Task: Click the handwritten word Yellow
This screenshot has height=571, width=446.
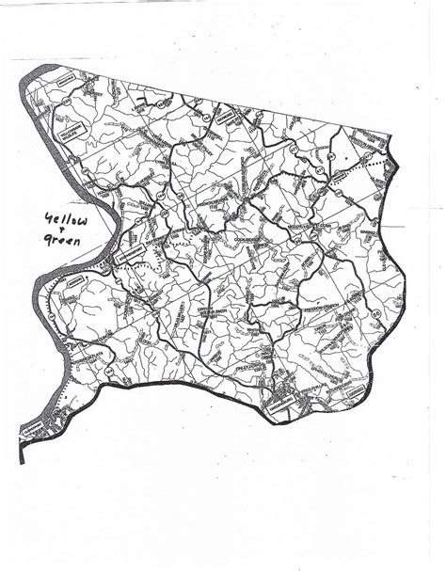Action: click(x=60, y=221)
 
